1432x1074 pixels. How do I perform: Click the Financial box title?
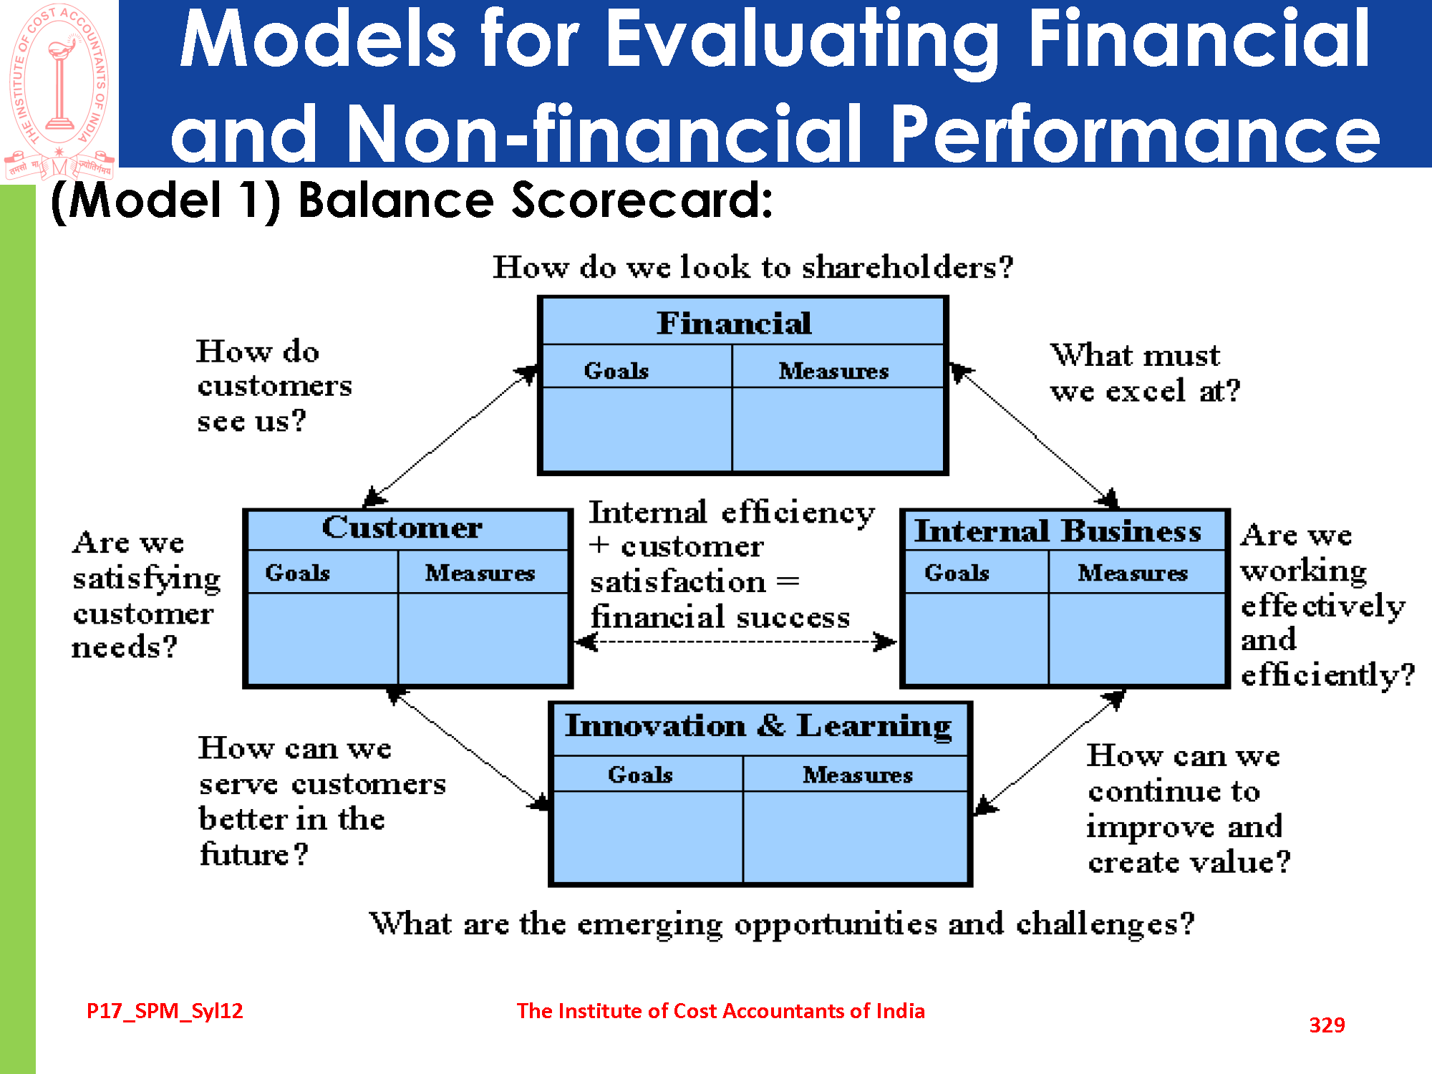coord(735,323)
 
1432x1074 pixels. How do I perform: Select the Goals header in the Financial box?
coord(616,371)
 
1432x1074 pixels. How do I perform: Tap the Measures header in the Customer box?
coord(480,573)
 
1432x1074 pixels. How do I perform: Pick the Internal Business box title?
coord(1058,531)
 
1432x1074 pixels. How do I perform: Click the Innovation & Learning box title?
coord(759,726)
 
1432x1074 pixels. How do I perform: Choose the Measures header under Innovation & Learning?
coord(858,775)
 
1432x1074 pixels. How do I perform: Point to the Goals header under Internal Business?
coord(957,573)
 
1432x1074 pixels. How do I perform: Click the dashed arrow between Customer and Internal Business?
coord(736,642)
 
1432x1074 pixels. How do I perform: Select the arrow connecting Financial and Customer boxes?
coord(451,437)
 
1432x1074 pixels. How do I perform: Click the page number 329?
coord(1327,1025)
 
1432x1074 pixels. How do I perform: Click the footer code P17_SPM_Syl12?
coord(165,1011)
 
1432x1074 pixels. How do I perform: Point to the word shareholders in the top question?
coord(907,267)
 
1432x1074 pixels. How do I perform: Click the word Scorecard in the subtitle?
coord(642,200)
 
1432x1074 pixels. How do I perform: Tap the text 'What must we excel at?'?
coord(1145,373)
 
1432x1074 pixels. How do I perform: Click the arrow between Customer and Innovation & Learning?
coord(469,748)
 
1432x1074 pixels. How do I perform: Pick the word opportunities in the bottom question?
coord(836,925)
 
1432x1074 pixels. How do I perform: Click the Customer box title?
coord(402,528)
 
